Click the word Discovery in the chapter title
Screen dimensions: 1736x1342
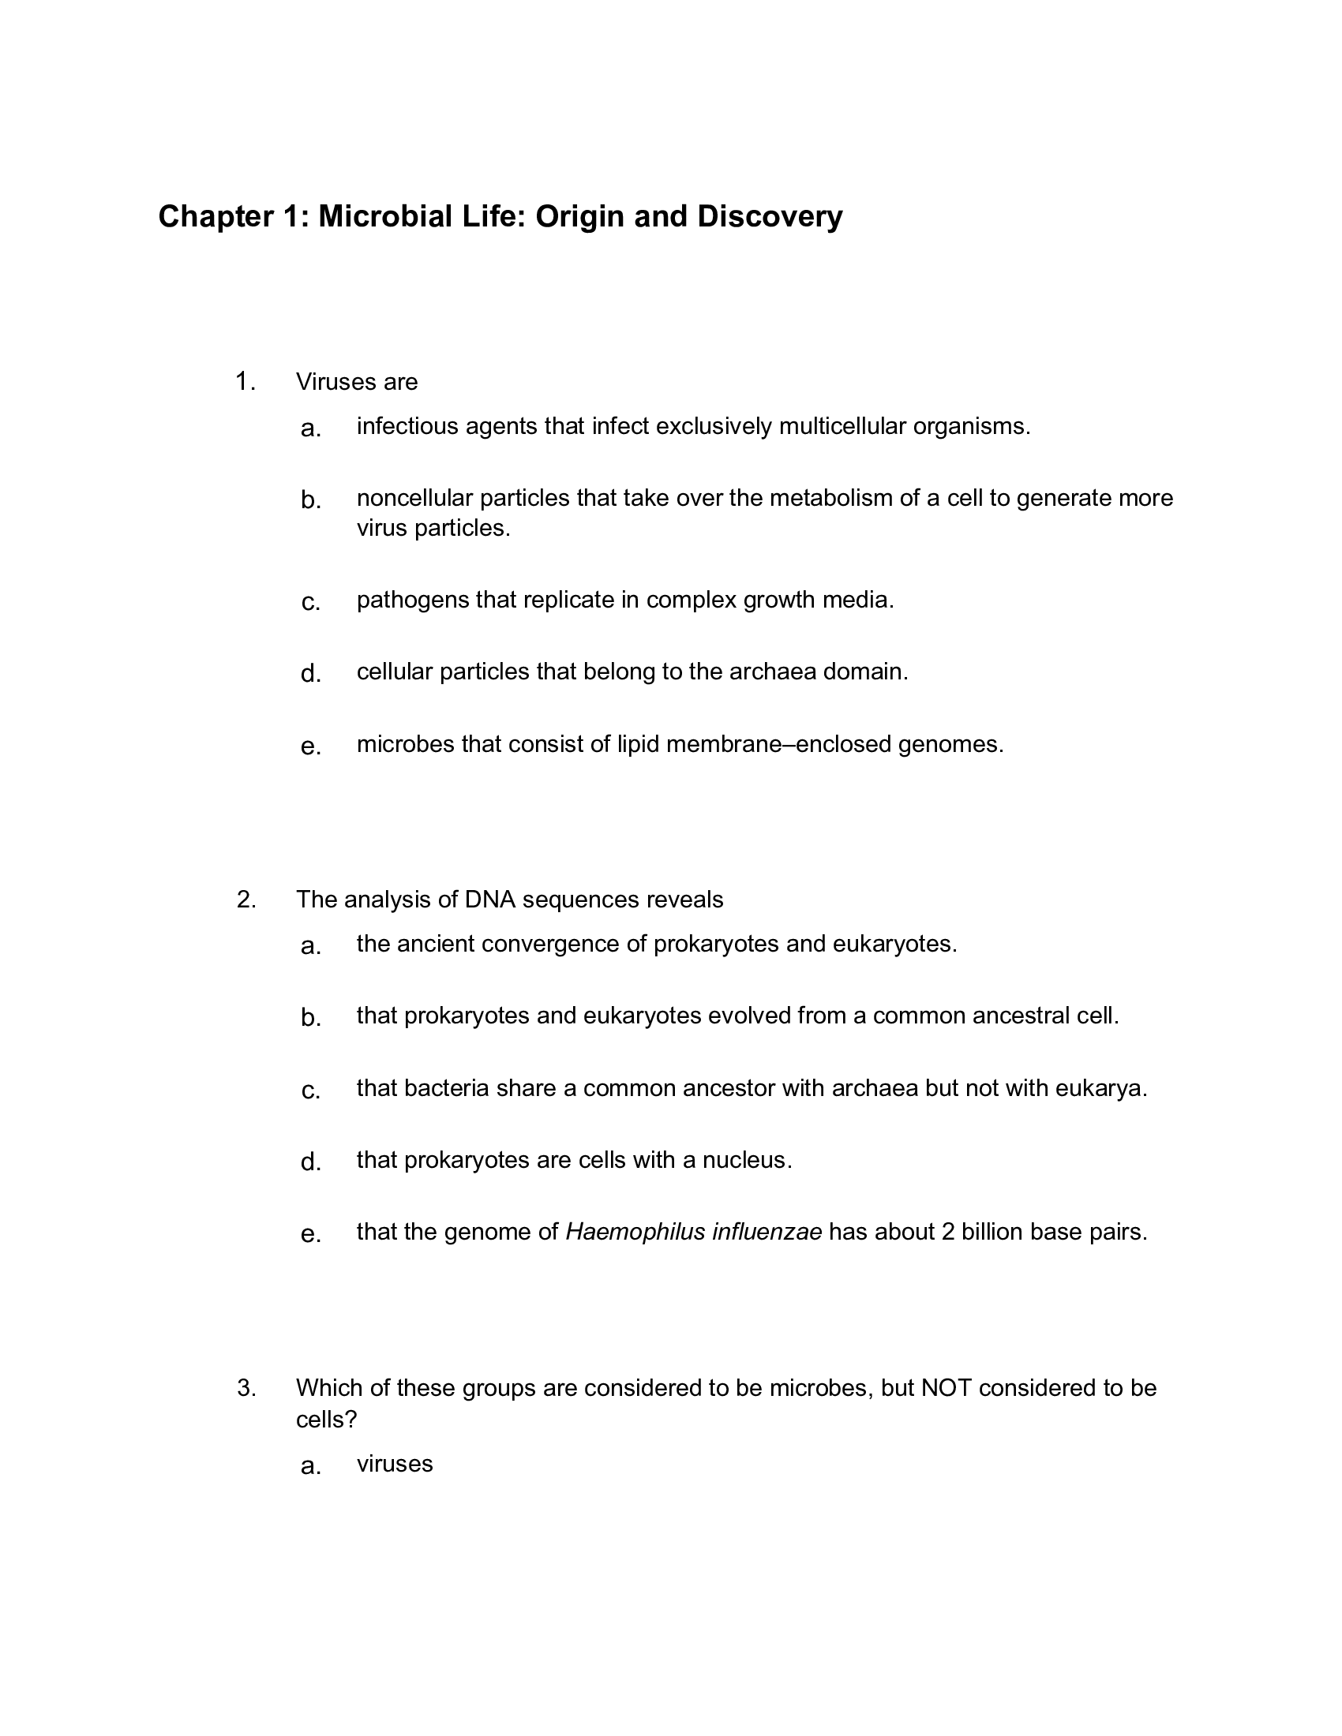(770, 216)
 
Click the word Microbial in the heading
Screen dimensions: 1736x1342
(380, 216)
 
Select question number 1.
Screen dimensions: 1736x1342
(245, 383)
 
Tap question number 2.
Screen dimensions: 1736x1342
(246, 900)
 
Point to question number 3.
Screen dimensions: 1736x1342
(246, 1388)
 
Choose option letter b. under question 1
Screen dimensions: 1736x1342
(311, 500)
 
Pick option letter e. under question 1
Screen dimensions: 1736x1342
(311, 746)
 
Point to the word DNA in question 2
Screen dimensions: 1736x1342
(489, 900)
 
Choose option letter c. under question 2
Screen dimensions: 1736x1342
(311, 1091)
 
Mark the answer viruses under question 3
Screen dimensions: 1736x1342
(395, 1464)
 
